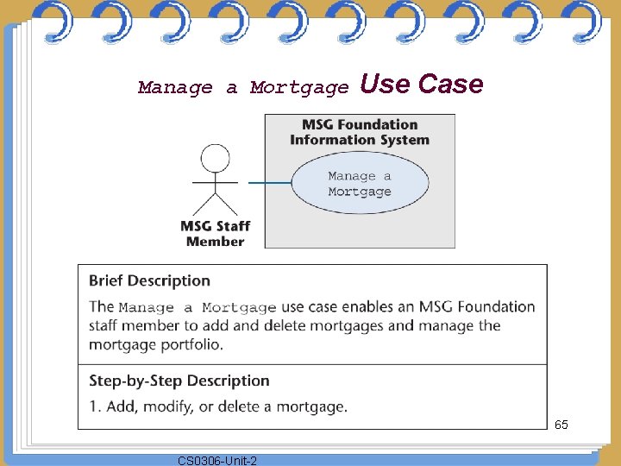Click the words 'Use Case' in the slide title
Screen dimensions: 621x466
pos(421,84)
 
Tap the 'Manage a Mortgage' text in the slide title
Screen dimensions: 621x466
pos(243,87)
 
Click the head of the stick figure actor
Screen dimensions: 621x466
pos(215,159)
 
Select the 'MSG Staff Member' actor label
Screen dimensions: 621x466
pos(215,234)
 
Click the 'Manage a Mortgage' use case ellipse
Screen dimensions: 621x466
pos(359,184)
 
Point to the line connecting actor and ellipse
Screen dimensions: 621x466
pos(269,183)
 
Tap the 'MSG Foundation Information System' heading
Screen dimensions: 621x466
pos(359,132)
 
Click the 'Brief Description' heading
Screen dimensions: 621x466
pos(149,280)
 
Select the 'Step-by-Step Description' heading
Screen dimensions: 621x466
pos(179,381)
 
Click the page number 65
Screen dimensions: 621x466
pos(561,425)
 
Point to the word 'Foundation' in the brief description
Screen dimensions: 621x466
pos(492,306)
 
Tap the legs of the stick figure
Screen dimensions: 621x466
pos(215,204)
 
